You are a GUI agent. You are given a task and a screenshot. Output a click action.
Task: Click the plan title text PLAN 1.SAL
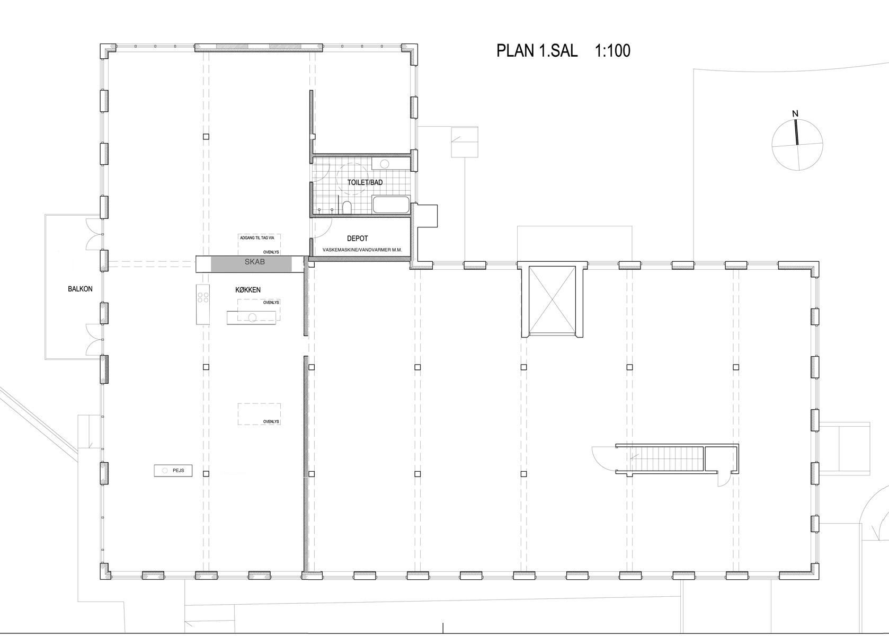537,51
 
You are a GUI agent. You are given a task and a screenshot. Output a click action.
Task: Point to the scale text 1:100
612,51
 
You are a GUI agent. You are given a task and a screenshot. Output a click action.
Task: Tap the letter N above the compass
795,114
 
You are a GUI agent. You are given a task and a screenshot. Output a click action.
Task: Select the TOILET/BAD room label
365,183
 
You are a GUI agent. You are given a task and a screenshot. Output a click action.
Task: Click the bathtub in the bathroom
391,205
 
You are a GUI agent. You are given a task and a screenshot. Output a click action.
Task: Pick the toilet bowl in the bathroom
346,207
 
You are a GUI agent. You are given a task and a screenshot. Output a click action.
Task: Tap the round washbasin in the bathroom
384,164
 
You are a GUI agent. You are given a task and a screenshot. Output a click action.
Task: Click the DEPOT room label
358,238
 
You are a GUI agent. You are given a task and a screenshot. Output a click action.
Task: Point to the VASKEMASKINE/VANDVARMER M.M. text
362,250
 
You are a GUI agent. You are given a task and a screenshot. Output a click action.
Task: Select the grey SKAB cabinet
251,264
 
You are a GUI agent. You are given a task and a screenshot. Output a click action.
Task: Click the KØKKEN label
248,290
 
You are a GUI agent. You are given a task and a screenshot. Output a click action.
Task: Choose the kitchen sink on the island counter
252,317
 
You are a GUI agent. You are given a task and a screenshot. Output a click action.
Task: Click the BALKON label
80,289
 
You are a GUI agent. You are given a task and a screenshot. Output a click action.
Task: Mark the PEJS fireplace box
173,471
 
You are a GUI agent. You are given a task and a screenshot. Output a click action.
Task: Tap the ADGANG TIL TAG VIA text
257,238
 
